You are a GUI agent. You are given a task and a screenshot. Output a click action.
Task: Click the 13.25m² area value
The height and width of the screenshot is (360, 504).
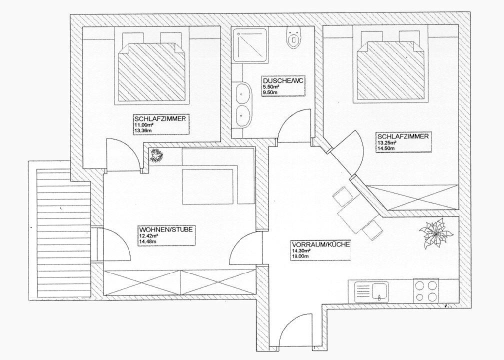pos(386,142)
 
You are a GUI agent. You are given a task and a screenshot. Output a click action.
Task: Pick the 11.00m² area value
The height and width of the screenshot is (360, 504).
pos(142,125)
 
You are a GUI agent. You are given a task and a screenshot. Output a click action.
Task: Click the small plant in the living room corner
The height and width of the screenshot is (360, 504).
pos(156,155)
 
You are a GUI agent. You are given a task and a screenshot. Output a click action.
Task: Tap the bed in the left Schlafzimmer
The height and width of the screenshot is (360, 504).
pos(148,70)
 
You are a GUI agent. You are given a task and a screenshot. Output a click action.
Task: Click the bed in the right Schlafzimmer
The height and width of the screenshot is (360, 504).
pos(390,70)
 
